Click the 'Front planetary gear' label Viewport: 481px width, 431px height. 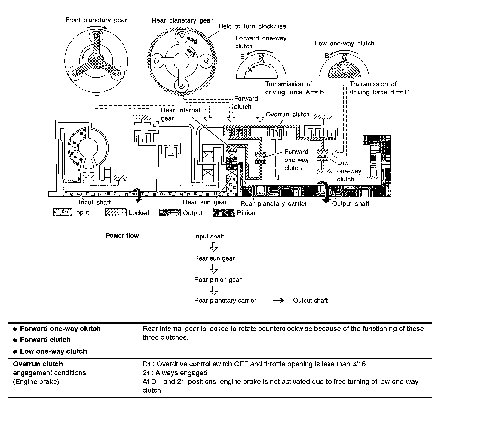96,20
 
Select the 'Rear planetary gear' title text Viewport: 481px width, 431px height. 182,20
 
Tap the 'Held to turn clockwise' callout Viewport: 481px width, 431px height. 252,26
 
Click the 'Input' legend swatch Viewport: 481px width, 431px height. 63,212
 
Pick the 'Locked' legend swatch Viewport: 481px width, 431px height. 116,212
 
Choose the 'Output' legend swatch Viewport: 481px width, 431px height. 170,212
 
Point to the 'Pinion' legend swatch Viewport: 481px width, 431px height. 223,212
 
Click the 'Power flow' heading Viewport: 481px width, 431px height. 122,236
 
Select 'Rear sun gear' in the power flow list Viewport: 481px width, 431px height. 214,258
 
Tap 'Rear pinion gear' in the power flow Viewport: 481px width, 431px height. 218,280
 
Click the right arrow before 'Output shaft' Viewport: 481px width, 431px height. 278,300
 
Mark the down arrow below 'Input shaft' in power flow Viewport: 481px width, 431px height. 214,247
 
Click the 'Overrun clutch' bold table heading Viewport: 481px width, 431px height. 38,364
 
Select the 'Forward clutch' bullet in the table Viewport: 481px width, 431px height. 45,340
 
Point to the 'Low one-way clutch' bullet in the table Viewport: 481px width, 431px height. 54,351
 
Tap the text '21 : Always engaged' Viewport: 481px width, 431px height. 175,373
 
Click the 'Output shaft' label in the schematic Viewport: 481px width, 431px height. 351,203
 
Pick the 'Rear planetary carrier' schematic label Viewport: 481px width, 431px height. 274,203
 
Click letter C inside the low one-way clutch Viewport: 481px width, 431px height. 344,72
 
